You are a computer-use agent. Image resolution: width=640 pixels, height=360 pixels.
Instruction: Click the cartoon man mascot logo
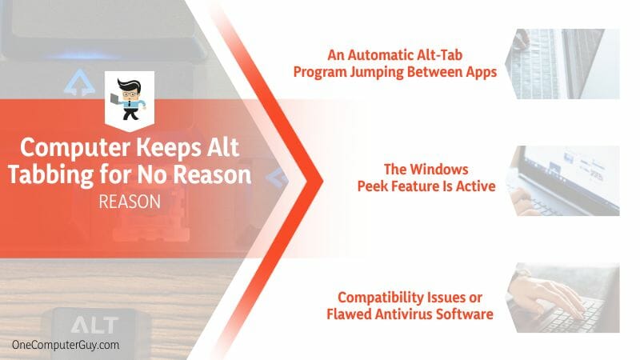[x=129, y=99]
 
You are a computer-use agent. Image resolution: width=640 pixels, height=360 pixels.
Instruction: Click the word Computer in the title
[x=75, y=148]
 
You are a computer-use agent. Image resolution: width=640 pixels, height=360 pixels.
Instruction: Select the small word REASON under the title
[x=130, y=202]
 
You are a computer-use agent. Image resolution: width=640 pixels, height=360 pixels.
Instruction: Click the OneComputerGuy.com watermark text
[x=66, y=345]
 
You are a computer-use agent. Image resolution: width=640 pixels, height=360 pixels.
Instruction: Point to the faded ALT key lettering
[x=94, y=326]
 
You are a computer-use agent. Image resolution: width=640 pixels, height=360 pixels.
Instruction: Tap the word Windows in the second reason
[x=438, y=169]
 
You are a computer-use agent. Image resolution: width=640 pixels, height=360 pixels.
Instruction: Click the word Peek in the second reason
[x=373, y=186]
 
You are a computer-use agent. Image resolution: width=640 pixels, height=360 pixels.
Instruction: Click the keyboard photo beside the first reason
[x=562, y=64]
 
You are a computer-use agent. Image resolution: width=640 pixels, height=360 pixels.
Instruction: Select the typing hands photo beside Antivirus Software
[x=562, y=298]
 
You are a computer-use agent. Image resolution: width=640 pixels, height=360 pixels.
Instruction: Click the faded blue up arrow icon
[x=79, y=82]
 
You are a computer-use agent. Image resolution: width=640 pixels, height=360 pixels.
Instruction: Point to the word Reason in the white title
[x=212, y=174]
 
